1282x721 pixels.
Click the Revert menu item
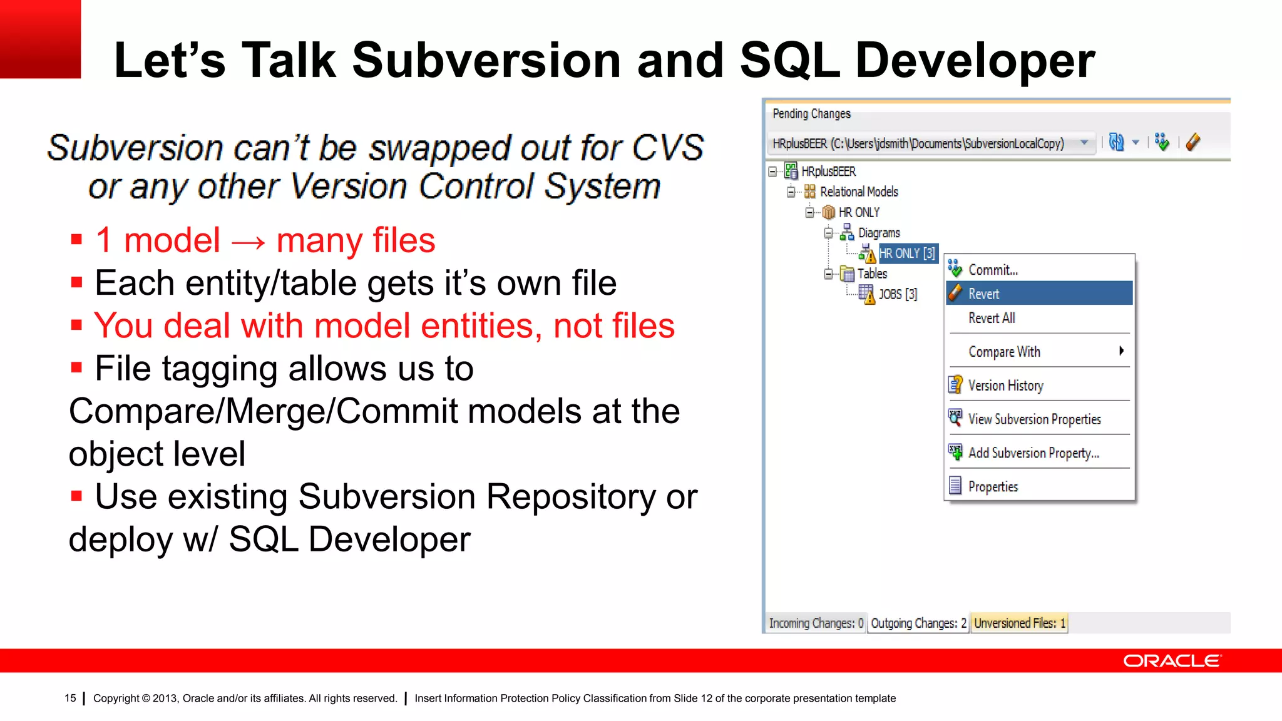coord(983,294)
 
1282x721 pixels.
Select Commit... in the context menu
coord(993,270)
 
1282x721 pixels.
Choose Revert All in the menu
coord(992,318)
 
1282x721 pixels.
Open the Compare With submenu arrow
coord(1121,351)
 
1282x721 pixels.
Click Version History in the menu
coord(1005,386)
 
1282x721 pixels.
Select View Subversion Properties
coord(1034,419)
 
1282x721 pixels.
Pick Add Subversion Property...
coord(1033,453)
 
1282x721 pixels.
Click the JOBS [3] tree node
coord(897,294)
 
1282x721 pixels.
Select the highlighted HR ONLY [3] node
coord(906,253)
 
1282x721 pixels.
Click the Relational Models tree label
coord(859,192)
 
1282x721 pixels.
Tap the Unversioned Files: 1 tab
coord(1019,623)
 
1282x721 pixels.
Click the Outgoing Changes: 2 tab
coord(918,623)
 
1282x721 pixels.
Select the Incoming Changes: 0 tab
coord(816,623)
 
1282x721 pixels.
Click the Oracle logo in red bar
coord(1172,661)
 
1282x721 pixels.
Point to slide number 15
coord(70,698)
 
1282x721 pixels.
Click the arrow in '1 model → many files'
coord(249,242)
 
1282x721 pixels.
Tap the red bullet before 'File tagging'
coord(76,367)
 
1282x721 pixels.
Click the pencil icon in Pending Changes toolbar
coord(1193,142)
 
